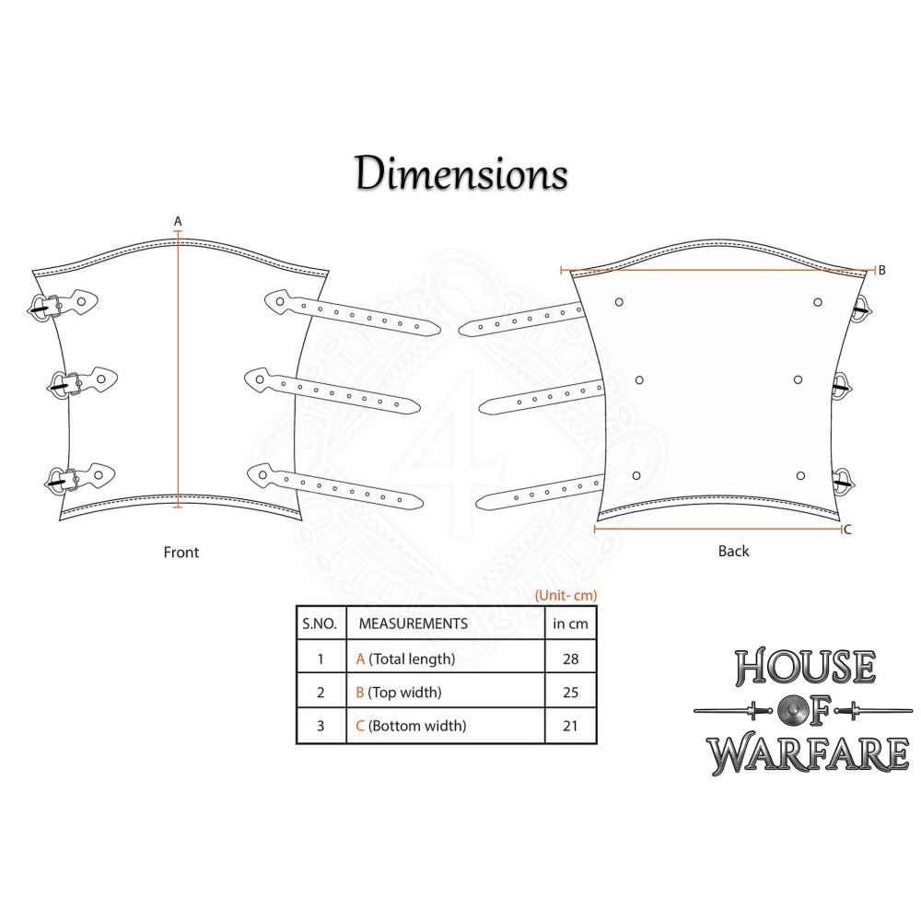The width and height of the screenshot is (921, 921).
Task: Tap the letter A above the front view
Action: tap(178, 220)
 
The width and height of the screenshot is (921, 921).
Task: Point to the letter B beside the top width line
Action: tap(881, 270)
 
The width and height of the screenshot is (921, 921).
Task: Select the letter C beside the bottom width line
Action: tap(847, 530)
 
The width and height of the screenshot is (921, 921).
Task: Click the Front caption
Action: tap(181, 553)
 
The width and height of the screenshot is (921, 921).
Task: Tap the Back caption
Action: tap(733, 552)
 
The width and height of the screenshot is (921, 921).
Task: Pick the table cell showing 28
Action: tap(570, 659)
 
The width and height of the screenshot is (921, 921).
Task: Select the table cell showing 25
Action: tap(570, 692)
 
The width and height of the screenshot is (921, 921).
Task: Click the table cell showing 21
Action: tap(570, 726)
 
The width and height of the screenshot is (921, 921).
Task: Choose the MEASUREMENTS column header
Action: tap(413, 624)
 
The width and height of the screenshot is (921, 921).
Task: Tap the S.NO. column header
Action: tap(321, 624)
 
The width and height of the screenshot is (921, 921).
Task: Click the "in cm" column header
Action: tap(570, 624)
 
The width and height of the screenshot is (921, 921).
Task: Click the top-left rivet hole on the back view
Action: tap(619, 301)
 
